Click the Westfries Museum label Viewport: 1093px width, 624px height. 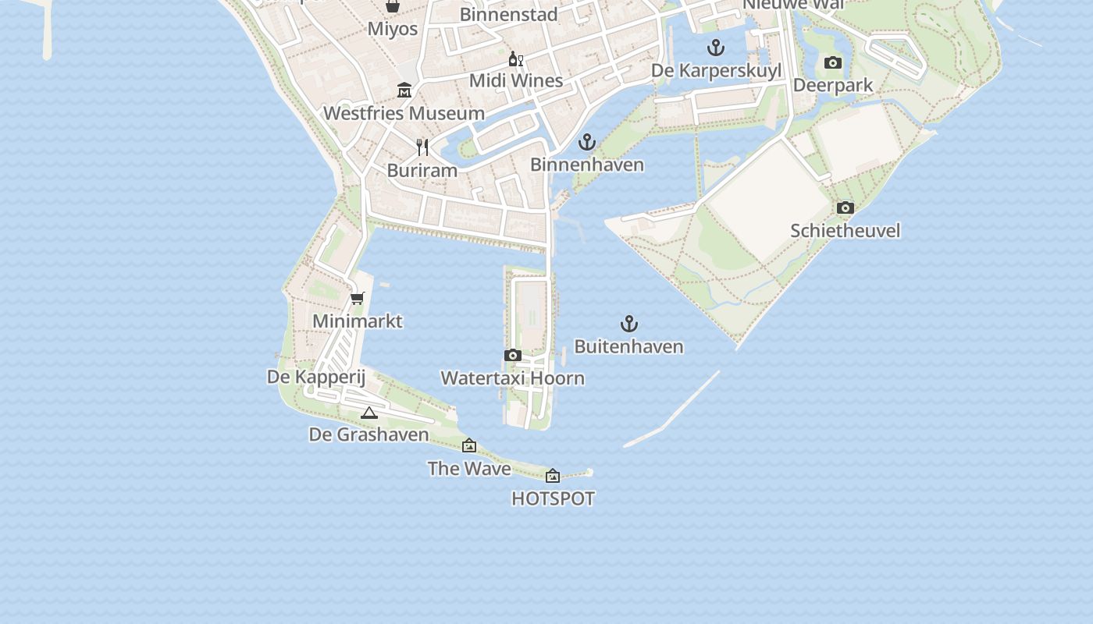click(404, 113)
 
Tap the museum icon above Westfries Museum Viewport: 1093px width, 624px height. click(404, 90)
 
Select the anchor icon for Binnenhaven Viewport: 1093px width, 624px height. click(586, 142)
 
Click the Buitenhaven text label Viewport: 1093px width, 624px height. click(628, 346)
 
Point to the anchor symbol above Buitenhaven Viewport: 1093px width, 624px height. click(628, 324)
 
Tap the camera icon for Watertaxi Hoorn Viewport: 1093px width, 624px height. click(513, 356)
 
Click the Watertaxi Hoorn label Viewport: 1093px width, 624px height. click(512, 378)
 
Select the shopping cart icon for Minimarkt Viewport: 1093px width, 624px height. click(358, 298)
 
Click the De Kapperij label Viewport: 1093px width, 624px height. click(316, 377)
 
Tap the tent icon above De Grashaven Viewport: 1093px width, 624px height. click(369, 413)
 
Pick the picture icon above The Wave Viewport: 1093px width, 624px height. click(469, 446)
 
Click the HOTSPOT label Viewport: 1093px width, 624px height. click(553, 498)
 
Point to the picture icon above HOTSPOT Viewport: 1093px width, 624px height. click(553, 476)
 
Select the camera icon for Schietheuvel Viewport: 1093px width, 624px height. click(845, 208)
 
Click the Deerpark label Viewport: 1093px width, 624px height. click(832, 85)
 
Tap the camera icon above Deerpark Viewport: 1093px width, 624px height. click(833, 62)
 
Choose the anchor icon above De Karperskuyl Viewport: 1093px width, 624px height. click(716, 48)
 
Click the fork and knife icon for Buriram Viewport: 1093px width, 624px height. click(422, 147)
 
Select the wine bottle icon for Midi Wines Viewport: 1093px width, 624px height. click(515, 58)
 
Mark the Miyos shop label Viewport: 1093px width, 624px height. click(393, 29)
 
